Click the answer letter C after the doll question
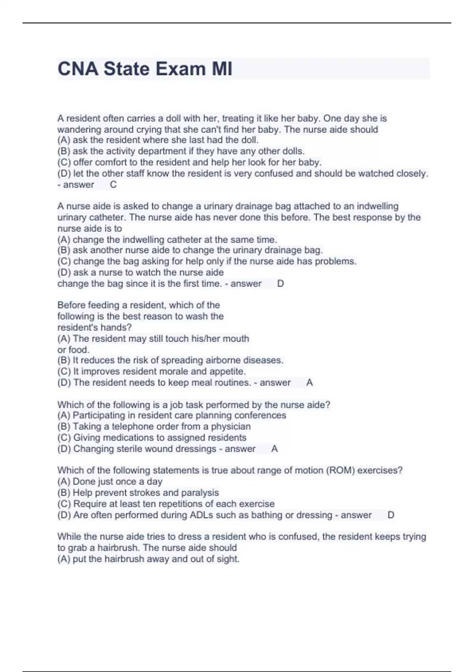click(113, 185)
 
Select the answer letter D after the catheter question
click(280, 283)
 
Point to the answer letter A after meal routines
click(309, 383)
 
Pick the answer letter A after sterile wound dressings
click(275, 449)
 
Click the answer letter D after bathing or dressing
click(391, 515)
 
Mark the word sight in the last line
click(228, 559)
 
